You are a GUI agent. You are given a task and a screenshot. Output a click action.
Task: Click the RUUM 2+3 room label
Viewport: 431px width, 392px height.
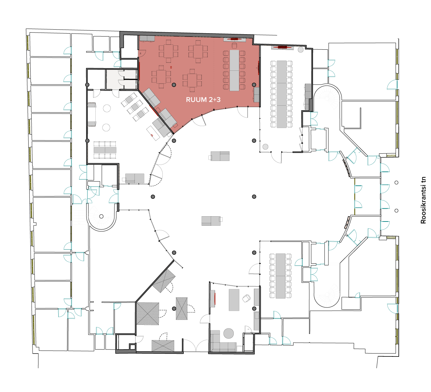[x=203, y=100]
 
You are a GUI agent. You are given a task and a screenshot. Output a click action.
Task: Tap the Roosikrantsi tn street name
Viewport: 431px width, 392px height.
[x=423, y=200]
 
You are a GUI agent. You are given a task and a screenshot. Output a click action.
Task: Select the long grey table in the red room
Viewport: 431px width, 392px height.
[x=234, y=70]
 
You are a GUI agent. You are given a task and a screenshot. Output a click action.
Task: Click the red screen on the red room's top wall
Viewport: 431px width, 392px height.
[x=234, y=39]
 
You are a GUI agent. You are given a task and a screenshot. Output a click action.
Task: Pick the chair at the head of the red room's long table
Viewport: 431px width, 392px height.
[x=234, y=46]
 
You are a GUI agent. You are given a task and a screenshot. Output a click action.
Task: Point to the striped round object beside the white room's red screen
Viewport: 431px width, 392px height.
[x=300, y=50]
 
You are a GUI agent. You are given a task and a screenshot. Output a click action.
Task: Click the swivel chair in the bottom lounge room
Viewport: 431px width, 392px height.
[x=246, y=298]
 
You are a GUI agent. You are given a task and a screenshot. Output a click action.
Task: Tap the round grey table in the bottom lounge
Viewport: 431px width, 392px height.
[x=228, y=333]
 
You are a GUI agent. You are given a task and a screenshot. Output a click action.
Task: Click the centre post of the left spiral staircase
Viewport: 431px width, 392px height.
[x=101, y=216]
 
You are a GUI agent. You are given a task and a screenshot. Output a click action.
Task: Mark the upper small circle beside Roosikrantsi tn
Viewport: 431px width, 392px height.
[x=396, y=182]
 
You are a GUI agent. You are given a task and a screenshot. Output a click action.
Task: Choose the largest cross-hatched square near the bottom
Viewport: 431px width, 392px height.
[x=148, y=314]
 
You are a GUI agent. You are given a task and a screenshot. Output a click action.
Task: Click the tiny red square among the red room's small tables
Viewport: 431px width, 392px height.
[x=171, y=67]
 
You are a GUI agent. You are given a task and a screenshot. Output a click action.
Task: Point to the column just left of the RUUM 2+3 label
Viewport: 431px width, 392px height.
[x=174, y=85]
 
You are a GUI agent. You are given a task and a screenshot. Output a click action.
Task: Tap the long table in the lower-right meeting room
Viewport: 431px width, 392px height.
[x=280, y=276]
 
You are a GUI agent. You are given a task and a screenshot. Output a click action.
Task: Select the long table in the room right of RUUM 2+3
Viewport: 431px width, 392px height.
[x=282, y=94]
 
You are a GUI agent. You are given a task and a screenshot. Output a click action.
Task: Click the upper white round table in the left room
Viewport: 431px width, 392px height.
[x=107, y=108]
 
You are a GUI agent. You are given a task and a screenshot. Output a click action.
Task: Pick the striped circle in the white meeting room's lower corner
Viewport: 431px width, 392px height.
[x=265, y=147]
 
